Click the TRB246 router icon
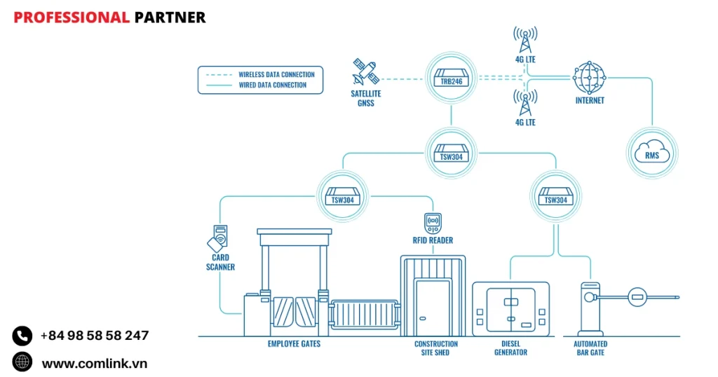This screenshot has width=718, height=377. tap(452, 78)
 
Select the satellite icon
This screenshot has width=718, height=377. tap(365, 72)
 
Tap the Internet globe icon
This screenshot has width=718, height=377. tap(589, 77)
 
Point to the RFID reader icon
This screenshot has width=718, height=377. tap(432, 223)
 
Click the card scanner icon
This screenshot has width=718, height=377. tap(218, 239)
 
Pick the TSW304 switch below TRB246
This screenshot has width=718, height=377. tap(452, 153)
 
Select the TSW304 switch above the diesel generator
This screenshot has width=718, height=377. tap(555, 196)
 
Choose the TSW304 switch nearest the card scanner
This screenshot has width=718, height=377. tap(342, 196)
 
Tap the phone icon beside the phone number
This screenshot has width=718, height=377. tap(22, 336)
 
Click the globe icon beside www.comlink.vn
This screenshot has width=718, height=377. tap(22, 362)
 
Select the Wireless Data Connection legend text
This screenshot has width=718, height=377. tap(276, 74)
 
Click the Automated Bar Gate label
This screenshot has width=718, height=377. tap(590, 348)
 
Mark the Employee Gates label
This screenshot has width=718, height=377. tap(294, 344)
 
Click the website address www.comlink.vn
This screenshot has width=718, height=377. tap(94, 363)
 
